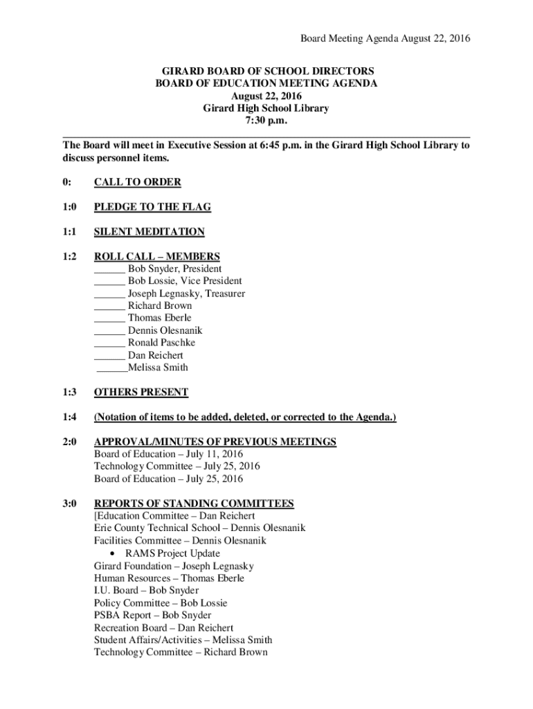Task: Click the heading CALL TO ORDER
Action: [x=137, y=182]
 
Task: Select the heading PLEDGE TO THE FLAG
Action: [x=152, y=207]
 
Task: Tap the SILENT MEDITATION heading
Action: [x=149, y=232]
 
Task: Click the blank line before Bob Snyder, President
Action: [x=109, y=269]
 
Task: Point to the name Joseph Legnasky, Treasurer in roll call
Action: [x=186, y=294]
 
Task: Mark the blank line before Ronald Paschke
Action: [x=109, y=343]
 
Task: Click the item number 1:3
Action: [x=69, y=393]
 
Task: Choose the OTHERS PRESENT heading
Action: [x=141, y=393]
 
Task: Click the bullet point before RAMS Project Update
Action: [x=113, y=554]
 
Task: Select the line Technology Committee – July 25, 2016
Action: [x=177, y=467]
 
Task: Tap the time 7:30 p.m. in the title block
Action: [x=266, y=120]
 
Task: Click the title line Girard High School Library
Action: [x=266, y=108]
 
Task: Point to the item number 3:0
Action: [x=69, y=503]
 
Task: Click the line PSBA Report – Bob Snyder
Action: [x=152, y=615]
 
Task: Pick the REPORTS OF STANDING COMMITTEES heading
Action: [x=194, y=503]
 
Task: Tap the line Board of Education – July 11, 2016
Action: [x=168, y=454]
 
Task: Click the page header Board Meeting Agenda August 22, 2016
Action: [x=385, y=39]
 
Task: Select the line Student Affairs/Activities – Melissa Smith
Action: [x=183, y=640]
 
